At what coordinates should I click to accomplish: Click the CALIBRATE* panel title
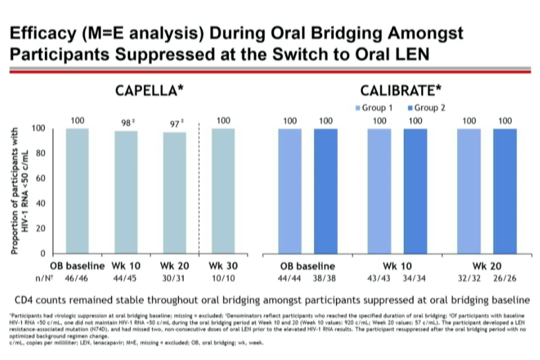400,91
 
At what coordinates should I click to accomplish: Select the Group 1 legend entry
375,108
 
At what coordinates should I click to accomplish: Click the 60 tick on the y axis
41,178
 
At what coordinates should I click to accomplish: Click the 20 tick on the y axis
41,229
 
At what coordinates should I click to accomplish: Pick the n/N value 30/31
174,278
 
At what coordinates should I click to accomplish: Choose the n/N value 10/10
223,278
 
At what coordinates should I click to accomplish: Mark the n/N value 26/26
505,278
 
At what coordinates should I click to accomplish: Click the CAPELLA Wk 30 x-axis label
223,266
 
